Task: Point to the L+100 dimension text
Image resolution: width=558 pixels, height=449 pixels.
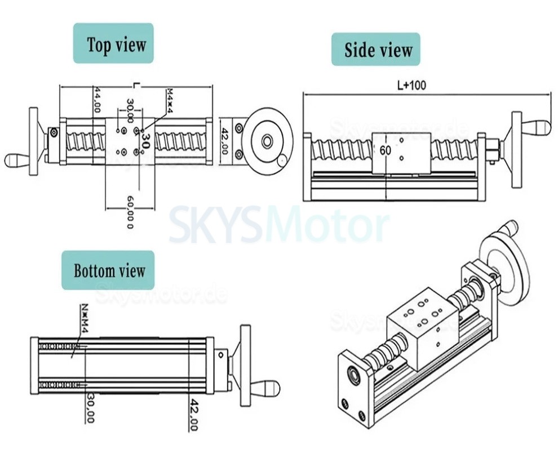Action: point(411,86)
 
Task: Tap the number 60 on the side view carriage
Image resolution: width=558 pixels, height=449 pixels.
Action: point(386,150)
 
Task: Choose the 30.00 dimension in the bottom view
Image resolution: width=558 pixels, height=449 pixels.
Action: point(90,408)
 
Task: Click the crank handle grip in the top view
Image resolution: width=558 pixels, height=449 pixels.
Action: point(17,160)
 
